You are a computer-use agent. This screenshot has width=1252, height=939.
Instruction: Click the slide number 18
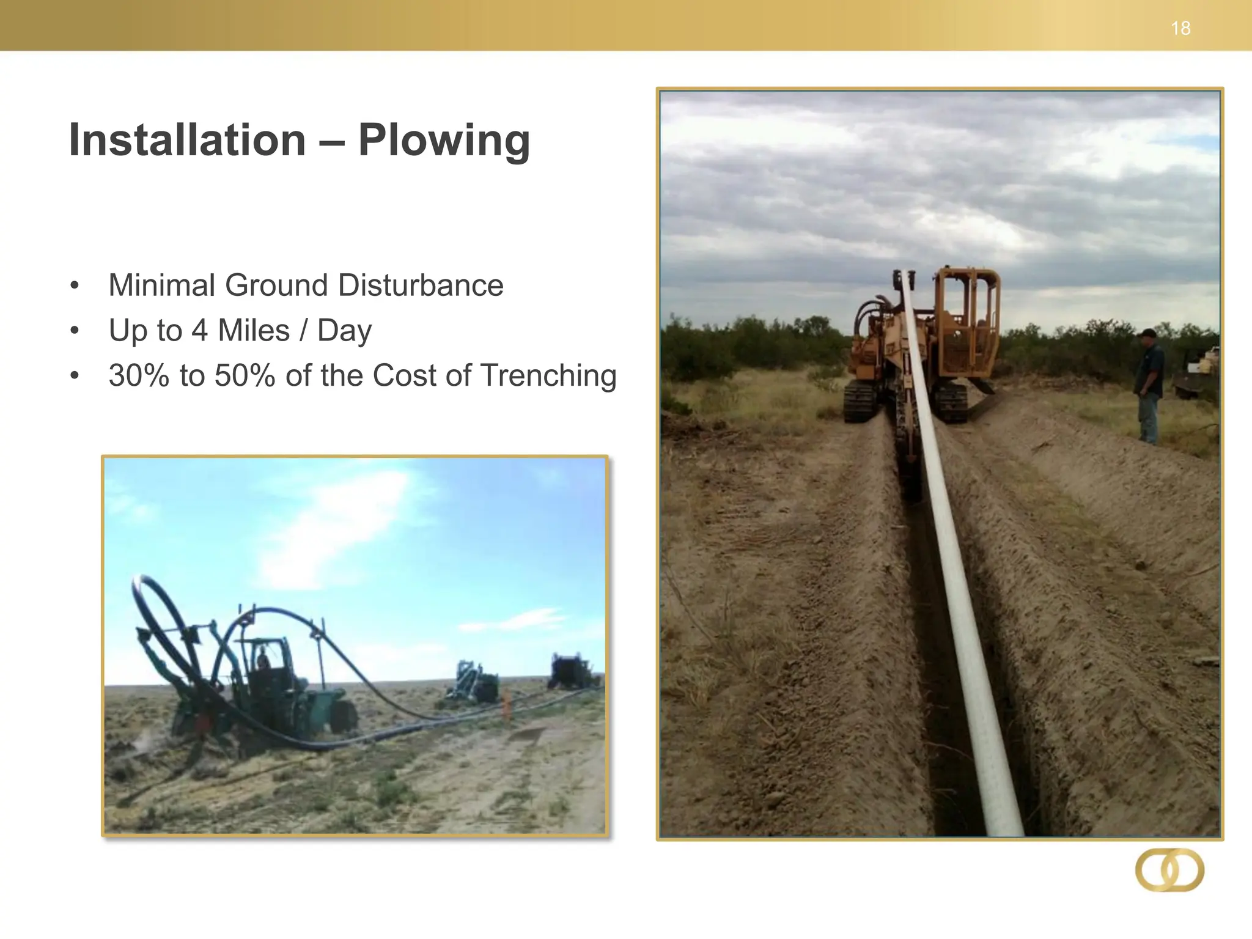coord(1180,28)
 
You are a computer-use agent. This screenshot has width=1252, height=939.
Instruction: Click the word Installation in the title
coord(187,140)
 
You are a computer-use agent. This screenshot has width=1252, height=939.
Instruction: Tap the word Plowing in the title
coord(444,141)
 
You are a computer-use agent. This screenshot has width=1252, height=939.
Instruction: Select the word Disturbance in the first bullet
coord(421,285)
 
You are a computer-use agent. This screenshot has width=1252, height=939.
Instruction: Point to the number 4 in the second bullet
coord(199,331)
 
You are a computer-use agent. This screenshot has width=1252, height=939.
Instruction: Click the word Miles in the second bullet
coord(254,331)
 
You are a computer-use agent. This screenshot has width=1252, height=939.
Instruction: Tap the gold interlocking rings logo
coord(1169,870)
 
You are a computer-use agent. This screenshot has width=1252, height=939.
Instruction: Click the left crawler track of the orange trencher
coord(860,400)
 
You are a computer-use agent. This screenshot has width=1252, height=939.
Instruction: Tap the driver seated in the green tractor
coord(263,663)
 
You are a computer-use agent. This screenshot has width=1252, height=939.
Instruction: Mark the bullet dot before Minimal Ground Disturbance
coord(75,285)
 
